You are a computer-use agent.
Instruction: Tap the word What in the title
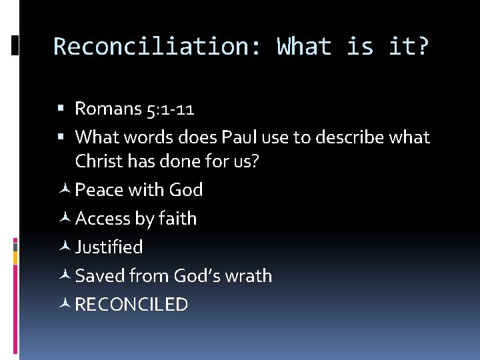tap(304, 47)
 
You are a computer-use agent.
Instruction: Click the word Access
tap(101, 219)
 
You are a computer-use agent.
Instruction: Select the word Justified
tap(109, 247)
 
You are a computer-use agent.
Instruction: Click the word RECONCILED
tap(132, 305)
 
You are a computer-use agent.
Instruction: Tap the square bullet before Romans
tap(61, 109)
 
